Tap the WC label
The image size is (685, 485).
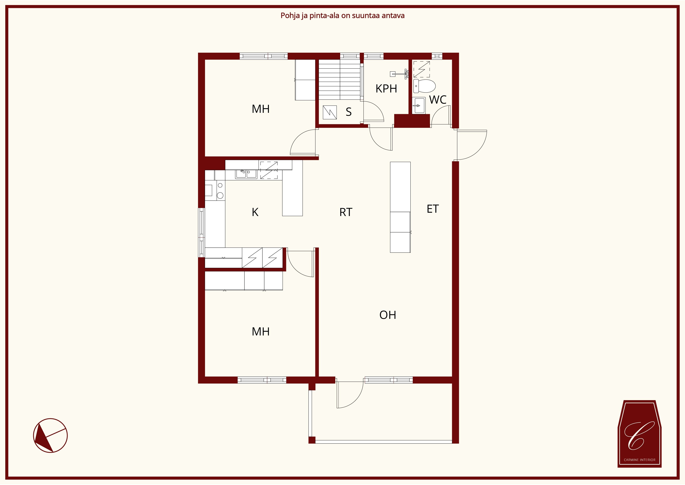[x=438, y=100]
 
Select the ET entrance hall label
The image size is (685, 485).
[x=433, y=209]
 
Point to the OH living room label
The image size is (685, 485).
[x=388, y=315]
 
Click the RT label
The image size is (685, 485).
[x=346, y=212]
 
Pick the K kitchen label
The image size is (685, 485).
[x=255, y=212]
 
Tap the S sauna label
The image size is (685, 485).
[x=349, y=112]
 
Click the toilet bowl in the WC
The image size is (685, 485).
[x=424, y=86]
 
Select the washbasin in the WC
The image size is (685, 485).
[x=419, y=105]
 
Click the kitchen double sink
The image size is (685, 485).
[x=246, y=174]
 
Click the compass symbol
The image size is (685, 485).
[x=50, y=435]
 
